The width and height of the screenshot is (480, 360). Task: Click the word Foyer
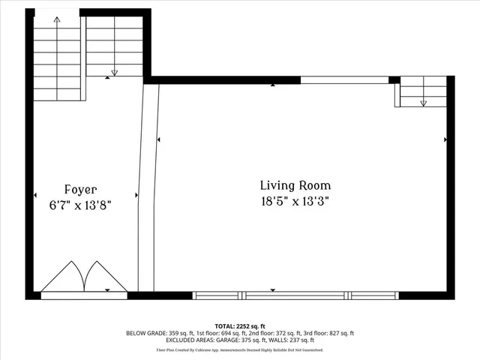pyautogui.click(x=79, y=190)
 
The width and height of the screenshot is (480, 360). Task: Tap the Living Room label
pyautogui.click(x=295, y=185)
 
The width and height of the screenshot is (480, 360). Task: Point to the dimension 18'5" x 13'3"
pyautogui.click(x=295, y=201)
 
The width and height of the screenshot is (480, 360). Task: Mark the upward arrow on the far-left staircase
pyautogui.click(x=57, y=20)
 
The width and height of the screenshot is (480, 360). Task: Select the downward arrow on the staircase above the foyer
pyautogui.click(x=114, y=72)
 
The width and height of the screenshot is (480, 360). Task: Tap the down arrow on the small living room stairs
pyautogui.click(x=423, y=103)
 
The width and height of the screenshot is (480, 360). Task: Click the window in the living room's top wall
pyautogui.click(x=344, y=80)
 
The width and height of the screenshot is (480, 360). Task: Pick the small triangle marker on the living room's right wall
pyautogui.click(x=445, y=139)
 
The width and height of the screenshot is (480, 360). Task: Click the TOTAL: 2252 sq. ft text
pyautogui.click(x=240, y=326)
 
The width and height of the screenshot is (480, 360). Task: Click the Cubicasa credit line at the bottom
pyautogui.click(x=240, y=349)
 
